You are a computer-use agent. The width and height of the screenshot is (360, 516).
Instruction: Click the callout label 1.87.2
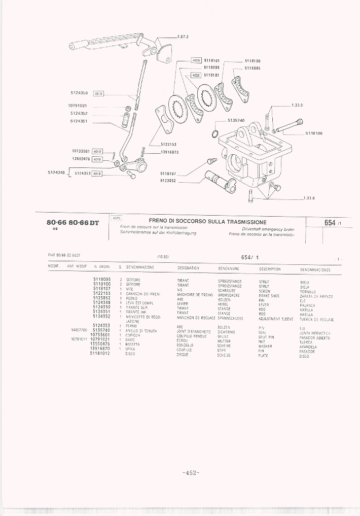pyautogui.click(x=183, y=37)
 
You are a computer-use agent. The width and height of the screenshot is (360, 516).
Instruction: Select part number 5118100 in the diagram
pyautogui.click(x=252, y=60)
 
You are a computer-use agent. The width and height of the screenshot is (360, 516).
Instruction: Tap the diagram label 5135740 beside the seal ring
pyautogui.click(x=236, y=120)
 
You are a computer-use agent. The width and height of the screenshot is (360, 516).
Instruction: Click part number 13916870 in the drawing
pyautogui.click(x=169, y=152)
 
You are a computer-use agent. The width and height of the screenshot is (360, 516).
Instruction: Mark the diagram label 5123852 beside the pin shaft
pyautogui.click(x=168, y=180)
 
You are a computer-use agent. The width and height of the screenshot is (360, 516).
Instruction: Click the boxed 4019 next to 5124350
pyautogui.click(x=98, y=93)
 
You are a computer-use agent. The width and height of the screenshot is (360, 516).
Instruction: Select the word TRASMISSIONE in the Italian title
pyautogui.click(x=244, y=222)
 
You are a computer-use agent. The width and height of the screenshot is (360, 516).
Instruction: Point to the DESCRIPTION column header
pyautogui.click(x=270, y=269)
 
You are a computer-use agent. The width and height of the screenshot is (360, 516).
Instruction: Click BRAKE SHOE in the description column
pyautogui.click(x=269, y=295)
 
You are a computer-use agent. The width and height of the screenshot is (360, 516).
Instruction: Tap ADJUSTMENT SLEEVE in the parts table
pyautogui.click(x=276, y=318)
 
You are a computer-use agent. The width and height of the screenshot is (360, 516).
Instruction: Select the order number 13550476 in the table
pyautogui.click(x=102, y=343)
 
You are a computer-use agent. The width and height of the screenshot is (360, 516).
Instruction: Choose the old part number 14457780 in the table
pyautogui.click(x=81, y=330)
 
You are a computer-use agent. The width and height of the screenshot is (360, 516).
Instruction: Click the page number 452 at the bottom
pyautogui.click(x=191, y=473)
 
